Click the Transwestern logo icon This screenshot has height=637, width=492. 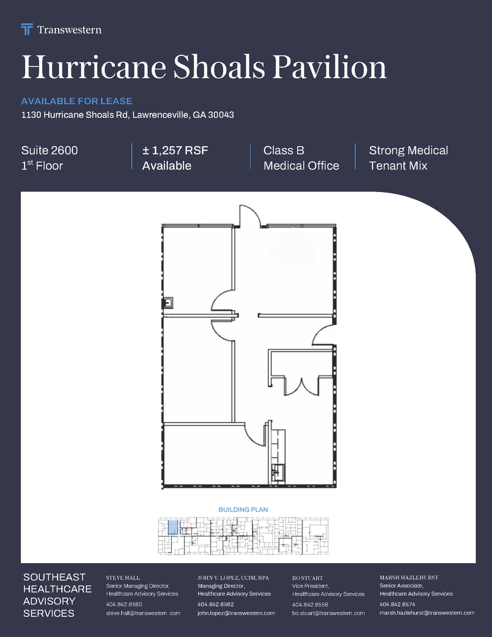(x=27, y=29)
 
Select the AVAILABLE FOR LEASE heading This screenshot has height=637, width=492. (x=77, y=101)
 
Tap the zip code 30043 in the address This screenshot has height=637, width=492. (x=221, y=115)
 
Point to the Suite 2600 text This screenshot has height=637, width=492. (x=49, y=151)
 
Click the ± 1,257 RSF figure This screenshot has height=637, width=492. (x=175, y=151)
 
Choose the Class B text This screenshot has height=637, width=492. (x=283, y=151)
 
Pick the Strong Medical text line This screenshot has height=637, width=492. (x=408, y=151)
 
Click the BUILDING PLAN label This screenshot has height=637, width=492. (x=243, y=509)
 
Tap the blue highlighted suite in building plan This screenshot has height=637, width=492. (x=173, y=528)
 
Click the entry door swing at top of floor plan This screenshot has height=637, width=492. (x=249, y=215)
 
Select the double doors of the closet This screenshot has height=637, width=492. (x=301, y=387)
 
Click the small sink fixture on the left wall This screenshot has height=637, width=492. (x=168, y=303)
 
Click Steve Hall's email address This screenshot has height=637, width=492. (x=143, y=613)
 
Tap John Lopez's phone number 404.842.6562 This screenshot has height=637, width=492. (x=215, y=604)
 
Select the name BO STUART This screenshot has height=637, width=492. (x=307, y=578)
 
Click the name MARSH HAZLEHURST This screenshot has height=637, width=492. (x=409, y=577)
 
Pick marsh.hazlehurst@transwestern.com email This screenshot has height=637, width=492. (x=427, y=613)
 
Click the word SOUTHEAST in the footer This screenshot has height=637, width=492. (x=54, y=577)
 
